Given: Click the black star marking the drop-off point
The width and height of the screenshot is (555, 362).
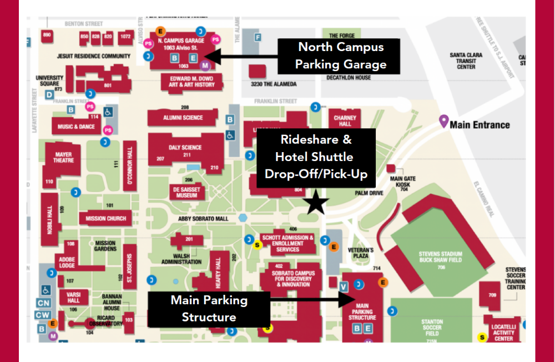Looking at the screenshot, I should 317,203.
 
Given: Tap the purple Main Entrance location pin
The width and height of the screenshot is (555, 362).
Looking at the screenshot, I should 443,121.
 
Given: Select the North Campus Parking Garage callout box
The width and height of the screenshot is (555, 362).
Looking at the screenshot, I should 340,56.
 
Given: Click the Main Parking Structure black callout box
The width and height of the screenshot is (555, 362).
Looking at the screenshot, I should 209,309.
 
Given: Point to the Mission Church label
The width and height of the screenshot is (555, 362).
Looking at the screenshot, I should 106,219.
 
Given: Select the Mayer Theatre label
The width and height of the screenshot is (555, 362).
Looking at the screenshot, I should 63,157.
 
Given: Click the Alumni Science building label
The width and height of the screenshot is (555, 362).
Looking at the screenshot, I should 183,118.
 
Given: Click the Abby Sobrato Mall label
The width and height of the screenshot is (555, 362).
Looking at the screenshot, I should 203,219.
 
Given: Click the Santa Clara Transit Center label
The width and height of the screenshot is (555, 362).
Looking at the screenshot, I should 466,61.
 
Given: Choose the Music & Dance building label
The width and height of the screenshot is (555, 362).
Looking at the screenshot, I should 76,127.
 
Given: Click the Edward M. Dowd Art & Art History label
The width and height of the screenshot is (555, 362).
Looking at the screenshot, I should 189,82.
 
